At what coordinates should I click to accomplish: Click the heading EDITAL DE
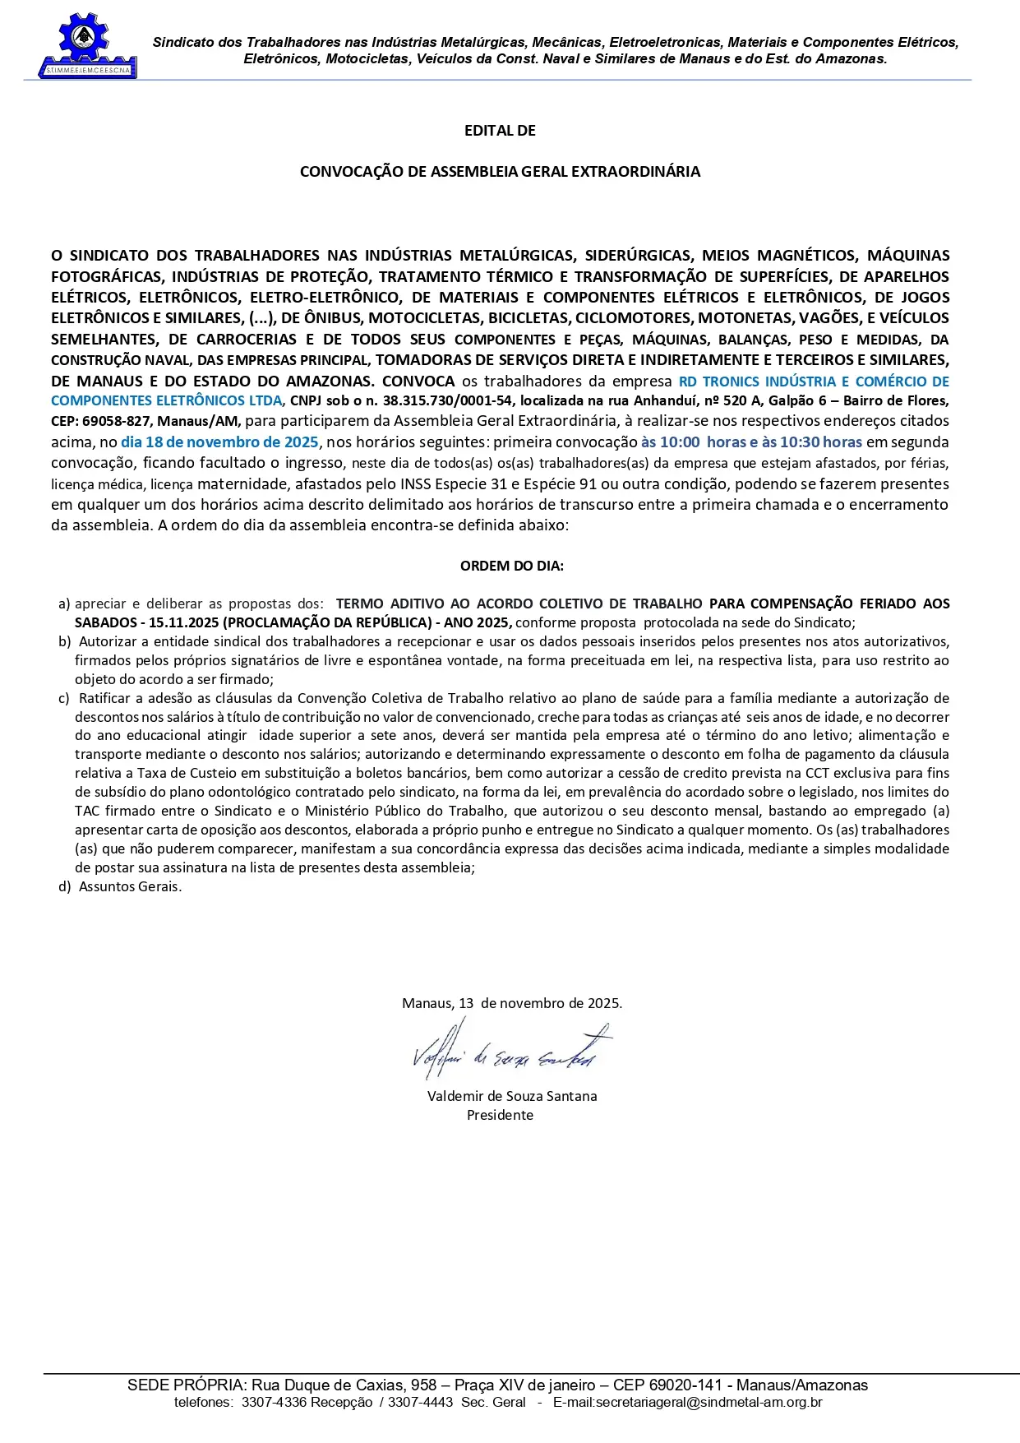(x=500, y=131)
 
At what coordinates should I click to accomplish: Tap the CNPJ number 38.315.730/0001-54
(x=448, y=401)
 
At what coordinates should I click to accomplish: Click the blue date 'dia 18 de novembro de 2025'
(x=219, y=442)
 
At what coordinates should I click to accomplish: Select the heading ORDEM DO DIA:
(x=511, y=566)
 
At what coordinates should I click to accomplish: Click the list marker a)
(x=64, y=604)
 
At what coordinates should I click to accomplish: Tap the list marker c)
(x=64, y=698)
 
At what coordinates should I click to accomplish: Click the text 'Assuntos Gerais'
(x=129, y=886)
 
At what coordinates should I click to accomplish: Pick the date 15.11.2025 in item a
(x=183, y=622)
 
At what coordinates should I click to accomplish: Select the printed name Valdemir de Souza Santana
(x=512, y=1096)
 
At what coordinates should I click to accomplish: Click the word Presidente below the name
(x=500, y=1115)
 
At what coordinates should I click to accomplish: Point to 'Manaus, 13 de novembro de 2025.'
(x=511, y=1003)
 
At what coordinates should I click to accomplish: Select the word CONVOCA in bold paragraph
(x=418, y=382)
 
